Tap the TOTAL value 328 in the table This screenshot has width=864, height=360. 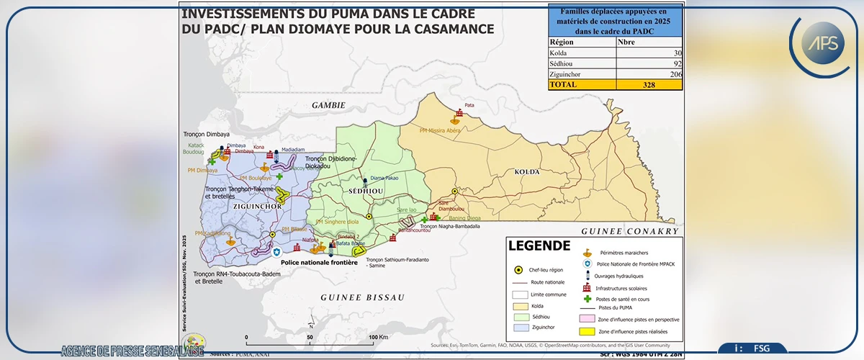tap(648, 84)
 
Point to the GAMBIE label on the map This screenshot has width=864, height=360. tap(328, 105)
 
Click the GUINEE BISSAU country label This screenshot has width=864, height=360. tap(362, 297)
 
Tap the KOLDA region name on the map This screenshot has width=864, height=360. tap(527, 172)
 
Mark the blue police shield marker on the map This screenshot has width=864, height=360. tap(277, 252)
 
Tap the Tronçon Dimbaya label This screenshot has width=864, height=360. tap(206, 135)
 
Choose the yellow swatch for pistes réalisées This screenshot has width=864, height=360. tap(586, 330)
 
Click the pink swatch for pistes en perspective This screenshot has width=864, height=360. tap(586, 318)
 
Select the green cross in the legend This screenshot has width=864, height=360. tap(588, 298)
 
